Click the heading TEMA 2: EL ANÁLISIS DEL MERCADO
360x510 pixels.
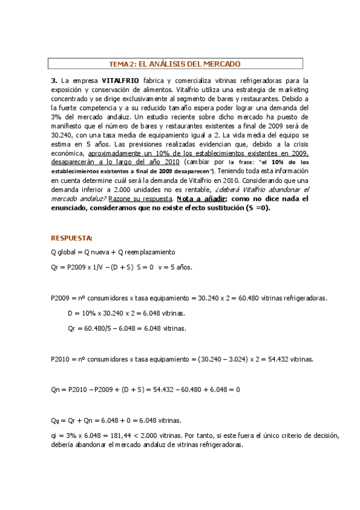pos(174,63)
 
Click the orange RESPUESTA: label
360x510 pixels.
pos(72,238)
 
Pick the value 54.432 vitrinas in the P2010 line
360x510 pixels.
pos(287,360)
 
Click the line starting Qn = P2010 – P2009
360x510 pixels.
pos(146,390)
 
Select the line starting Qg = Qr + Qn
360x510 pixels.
pos(117,420)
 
